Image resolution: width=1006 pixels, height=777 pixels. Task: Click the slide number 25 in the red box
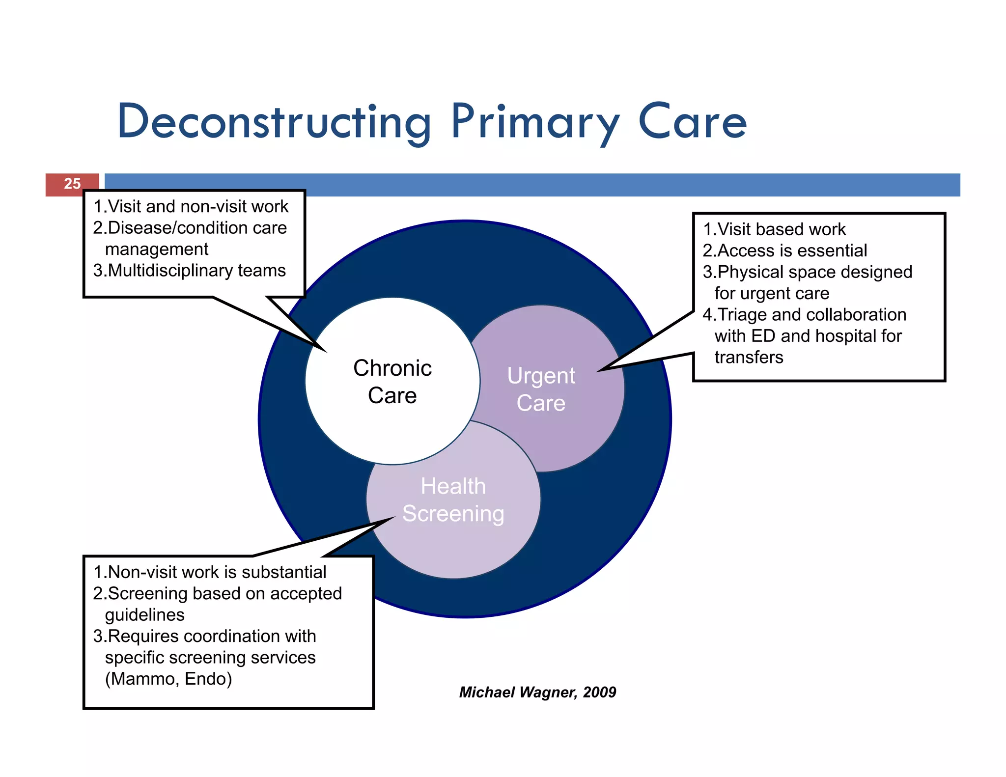[x=72, y=184]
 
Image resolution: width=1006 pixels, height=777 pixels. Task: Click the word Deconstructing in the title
[x=274, y=121]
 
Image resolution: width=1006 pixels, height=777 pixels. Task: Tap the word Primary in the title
[x=534, y=121]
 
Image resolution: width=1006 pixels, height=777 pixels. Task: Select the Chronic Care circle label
[x=392, y=382]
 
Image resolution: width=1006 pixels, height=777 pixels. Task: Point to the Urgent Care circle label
[x=541, y=389]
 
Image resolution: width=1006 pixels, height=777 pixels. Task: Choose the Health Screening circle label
[x=453, y=500]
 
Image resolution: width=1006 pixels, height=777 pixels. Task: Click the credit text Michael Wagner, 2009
[x=537, y=692]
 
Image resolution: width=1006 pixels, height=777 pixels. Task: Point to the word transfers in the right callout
[x=749, y=357]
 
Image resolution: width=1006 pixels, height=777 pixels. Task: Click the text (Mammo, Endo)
[x=168, y=679]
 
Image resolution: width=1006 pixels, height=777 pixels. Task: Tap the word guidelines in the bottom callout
[x=145, y=615]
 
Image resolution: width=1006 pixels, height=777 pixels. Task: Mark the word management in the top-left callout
[x=157, y=249]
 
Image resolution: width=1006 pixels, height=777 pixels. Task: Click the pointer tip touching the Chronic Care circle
[x=325, y=351]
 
